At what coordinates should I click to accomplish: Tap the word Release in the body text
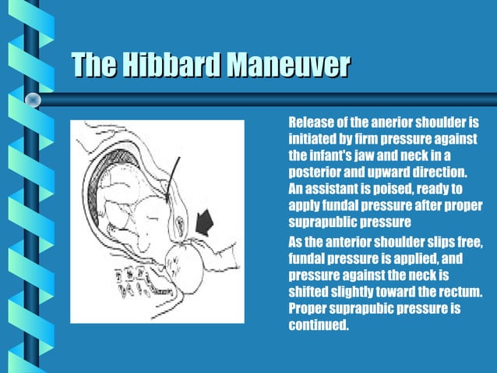311,123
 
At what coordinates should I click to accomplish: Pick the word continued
318,324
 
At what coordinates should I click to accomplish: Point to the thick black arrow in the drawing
205,226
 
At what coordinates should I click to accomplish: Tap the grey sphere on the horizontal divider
33,99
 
